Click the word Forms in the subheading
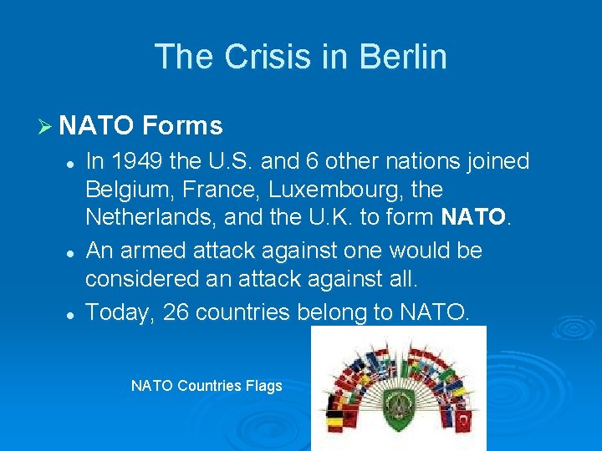(182, 126)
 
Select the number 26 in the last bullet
(176, 312)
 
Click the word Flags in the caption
(263, 386)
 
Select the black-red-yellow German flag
(334, 421)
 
